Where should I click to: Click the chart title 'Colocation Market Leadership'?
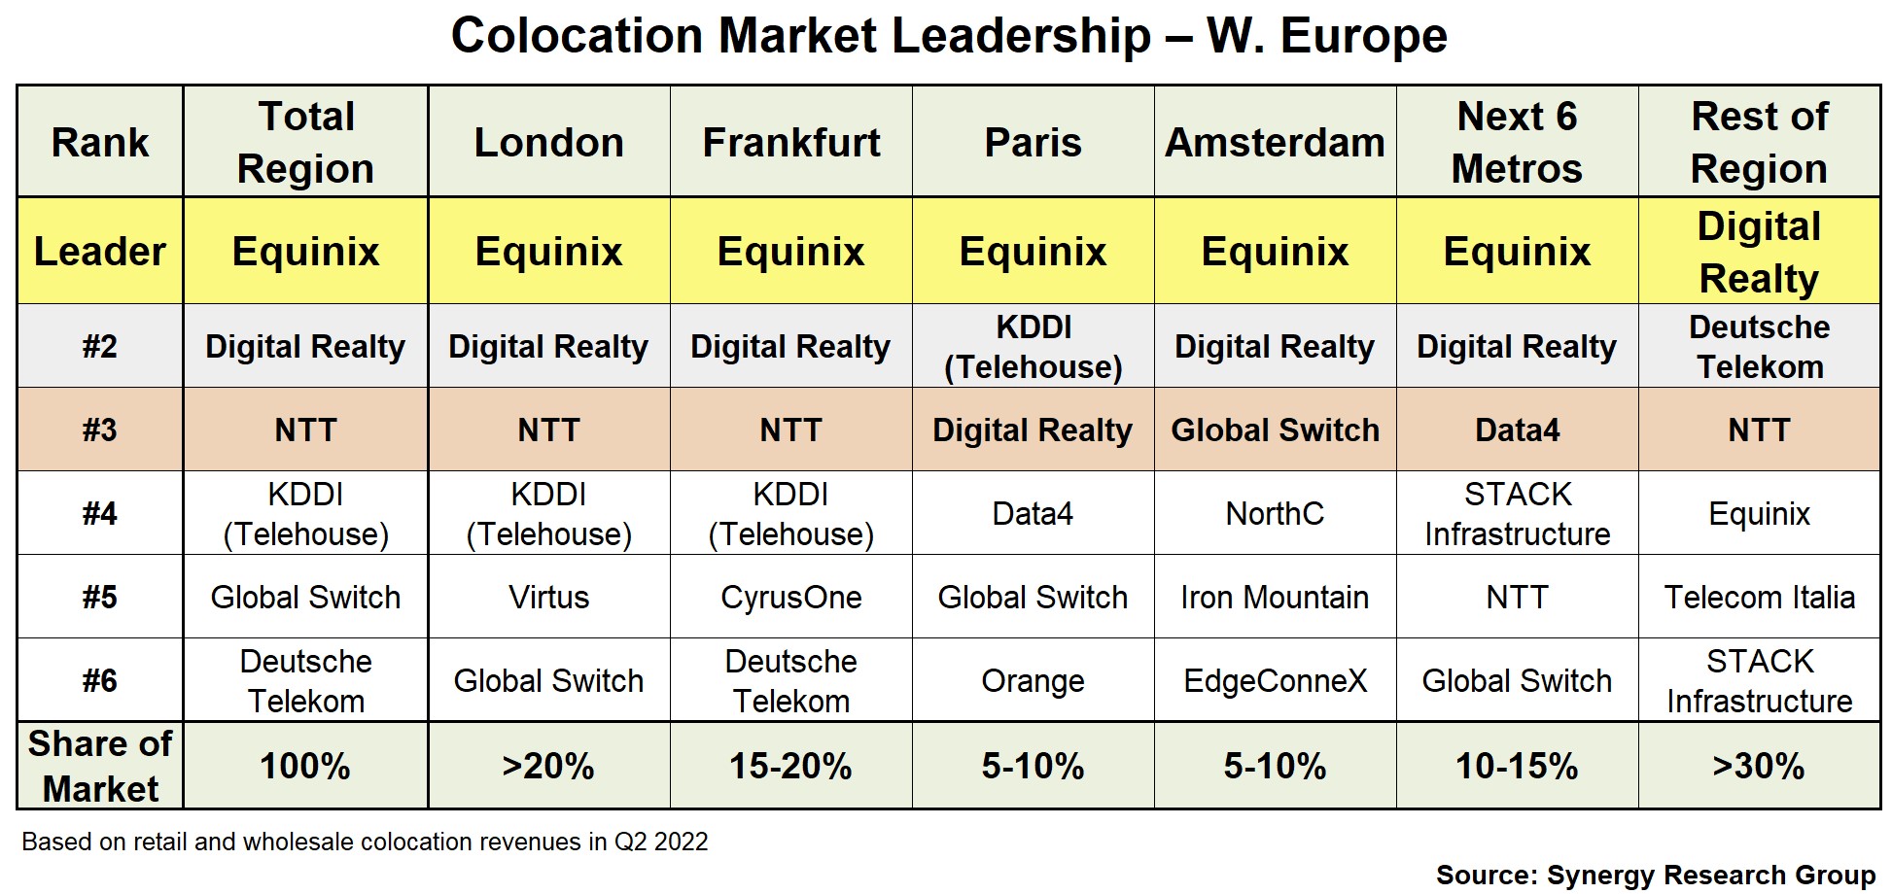[949, 37]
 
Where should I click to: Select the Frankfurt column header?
[790, 143]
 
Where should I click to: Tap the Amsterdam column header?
[1275, 143]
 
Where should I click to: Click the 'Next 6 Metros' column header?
[1517, 143]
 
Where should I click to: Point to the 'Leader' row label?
[100, 252]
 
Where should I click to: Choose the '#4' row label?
[100, 513]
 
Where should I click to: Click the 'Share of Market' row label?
[100, 766]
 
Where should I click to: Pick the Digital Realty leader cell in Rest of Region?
[1759, 252]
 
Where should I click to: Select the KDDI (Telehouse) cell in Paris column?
[1033, 347]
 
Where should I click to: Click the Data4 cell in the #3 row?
[1517, 430]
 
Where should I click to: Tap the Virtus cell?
[548, 597]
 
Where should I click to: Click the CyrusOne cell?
[790, 597]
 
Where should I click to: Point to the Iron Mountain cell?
[1275, 597]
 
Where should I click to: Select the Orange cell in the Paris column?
[1033, 680]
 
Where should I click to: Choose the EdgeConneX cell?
[1275, 680]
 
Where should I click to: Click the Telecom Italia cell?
[1759, 597]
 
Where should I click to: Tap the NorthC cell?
[1275, 513]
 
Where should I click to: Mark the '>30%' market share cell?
[1759, 766]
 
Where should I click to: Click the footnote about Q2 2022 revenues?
[365, 842]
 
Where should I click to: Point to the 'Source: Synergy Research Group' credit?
[1655, 875]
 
